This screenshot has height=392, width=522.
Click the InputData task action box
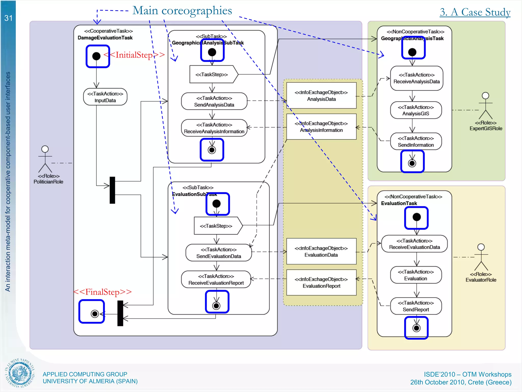[x=105, y=97]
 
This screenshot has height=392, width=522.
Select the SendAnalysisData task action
[x=214, y=101]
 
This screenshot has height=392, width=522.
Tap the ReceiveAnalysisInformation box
[x=214, y=128]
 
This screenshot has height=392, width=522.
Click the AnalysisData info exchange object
[x=321, y=96]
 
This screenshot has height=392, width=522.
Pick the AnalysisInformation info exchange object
[x=321, y=127]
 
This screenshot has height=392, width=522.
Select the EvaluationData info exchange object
[x=321, y=251]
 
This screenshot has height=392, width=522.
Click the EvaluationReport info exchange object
[x=321, y=283]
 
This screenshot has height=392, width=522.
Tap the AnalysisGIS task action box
[x=416, y=110]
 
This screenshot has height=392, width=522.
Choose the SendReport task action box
[x=416, y=306]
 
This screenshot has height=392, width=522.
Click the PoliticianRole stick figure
[x=45, y=160]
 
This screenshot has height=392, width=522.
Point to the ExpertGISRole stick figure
[x=486, y=106]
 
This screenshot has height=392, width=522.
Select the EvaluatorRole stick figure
[x=481, y=257]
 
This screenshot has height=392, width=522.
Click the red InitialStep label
[x=134, y=55]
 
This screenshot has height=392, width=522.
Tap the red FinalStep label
[x=102, y=292]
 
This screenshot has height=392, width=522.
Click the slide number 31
[x=8, y=18]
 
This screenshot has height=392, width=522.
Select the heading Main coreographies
[x=182, y=11]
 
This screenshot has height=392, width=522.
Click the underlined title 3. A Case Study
[x=475, y=12]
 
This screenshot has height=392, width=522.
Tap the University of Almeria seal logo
[x=20, y=373]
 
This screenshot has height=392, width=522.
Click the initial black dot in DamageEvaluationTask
[x=96, y=56]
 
